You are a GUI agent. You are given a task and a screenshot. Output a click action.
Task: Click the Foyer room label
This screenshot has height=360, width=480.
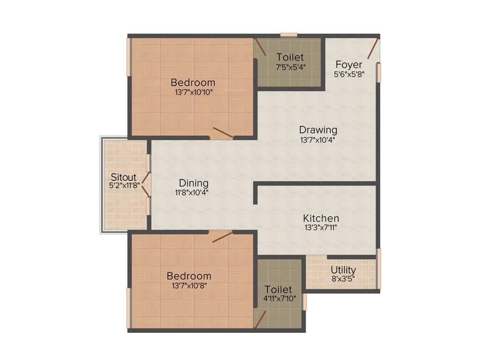click(349, 65)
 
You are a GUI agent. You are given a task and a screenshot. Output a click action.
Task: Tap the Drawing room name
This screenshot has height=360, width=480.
click(318, 130)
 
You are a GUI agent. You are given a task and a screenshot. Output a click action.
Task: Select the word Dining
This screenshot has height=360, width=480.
click(194, 183)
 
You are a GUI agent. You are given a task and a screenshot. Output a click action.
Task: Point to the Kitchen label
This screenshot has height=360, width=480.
click(321, 218)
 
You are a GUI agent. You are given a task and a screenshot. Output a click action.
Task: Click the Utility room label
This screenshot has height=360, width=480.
click(343, 270)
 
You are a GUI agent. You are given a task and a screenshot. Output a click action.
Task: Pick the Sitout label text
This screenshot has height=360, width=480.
click(123, 178)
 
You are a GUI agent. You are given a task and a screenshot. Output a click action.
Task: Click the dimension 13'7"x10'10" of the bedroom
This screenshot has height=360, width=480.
click(193, 92)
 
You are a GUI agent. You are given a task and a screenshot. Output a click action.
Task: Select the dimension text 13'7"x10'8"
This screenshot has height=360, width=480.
click(189, 285)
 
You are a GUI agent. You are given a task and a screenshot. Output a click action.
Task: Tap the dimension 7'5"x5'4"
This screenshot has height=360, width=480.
click(291, 67)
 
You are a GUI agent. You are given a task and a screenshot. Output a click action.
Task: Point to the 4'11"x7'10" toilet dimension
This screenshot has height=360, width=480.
click(279, 299)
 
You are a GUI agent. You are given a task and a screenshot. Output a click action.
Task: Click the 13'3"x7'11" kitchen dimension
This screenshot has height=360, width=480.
click(321, 228)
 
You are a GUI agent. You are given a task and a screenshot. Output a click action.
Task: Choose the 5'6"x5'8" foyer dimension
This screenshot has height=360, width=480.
click(349, 74)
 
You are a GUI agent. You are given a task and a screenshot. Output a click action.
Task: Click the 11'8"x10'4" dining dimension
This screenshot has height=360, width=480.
click(192, 192)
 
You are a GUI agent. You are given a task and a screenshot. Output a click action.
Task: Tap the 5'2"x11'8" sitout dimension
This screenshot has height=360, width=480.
click(124, 185)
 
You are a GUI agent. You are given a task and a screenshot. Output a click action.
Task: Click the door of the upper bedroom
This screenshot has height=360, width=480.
click(223, 133)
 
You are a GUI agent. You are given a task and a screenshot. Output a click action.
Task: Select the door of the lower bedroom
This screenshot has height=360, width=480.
click(222, 236)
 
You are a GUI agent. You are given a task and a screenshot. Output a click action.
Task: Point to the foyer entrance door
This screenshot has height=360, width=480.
click(373, 49)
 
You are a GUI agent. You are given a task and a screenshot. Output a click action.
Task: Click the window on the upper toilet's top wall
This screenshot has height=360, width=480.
click(289, 35)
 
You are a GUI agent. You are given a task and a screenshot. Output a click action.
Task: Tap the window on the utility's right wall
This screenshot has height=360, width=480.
click(379, 268)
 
